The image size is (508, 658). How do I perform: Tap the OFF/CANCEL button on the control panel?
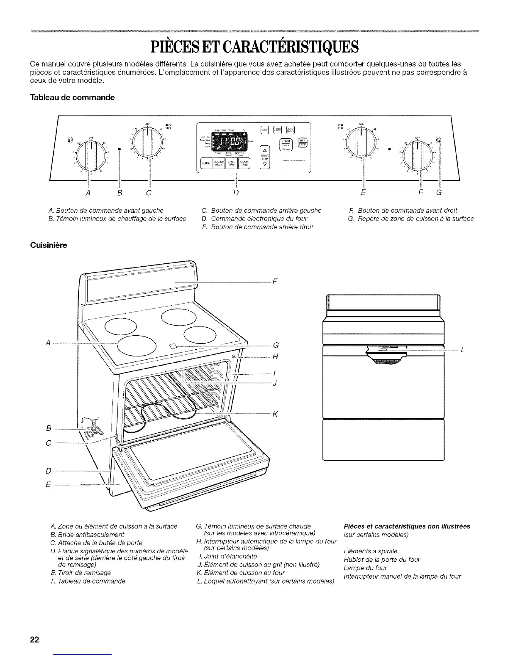pos(303,141)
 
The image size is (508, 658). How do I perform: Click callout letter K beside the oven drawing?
pos(275,414)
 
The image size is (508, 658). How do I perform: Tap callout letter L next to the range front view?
pos(462,350)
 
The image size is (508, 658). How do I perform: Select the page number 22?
pos(34,639)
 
